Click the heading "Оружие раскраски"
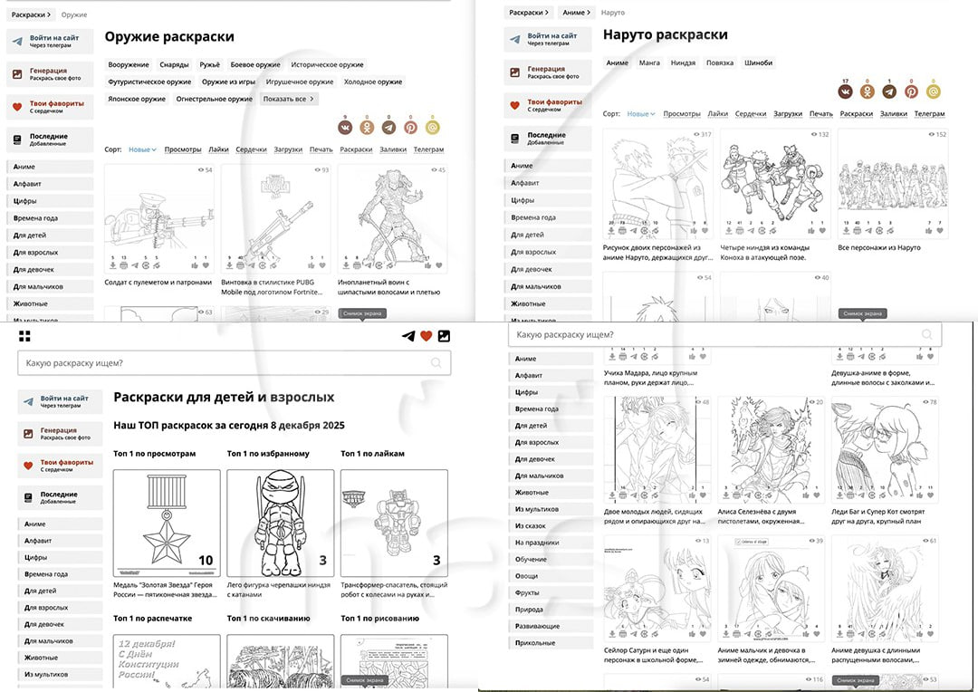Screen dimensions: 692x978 [x=169, y=37]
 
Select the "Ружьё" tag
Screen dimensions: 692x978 [x=209, y=65]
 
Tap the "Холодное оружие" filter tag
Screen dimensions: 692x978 [x=372, y=82]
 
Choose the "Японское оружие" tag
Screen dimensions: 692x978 [x=137, y=99]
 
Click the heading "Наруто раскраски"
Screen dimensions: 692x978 [x=665, y=35]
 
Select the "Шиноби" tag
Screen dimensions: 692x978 [x=758, y=63]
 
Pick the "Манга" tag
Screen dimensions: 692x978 [x=649, y=63]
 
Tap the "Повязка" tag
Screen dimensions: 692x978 [x=720, y=63]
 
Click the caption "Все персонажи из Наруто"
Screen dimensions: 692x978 [x=878, y=247]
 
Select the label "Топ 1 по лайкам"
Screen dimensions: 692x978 [x=372, y=454]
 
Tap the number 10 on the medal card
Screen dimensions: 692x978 [x=206, y=561]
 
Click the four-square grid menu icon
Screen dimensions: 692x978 [x=24, y=336]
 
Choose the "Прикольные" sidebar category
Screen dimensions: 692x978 [x=535, y=643]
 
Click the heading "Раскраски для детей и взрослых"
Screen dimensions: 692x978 [x=223, y=397]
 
